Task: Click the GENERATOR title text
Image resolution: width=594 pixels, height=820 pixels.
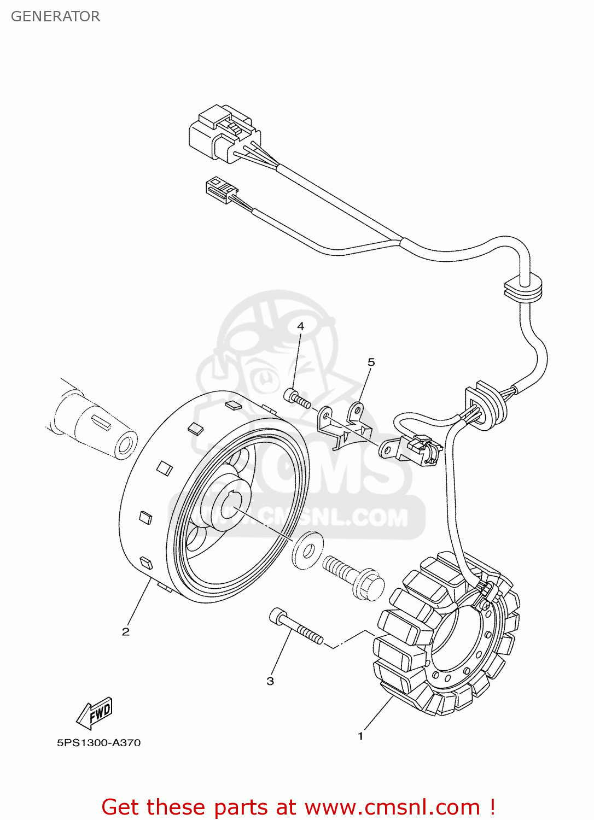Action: pyautogui.click(x=55, y=16)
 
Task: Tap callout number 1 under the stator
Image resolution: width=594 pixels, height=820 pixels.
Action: pyautogui.click(x=360, y=736)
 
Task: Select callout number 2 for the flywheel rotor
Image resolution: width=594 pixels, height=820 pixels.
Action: pyautogui.click(x=126, y=632)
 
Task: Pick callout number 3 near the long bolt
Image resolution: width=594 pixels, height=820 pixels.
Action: pyautogui.click(x=270, y=681)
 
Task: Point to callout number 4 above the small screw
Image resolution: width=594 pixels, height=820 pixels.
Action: pyautogui.click(x=300, y=326)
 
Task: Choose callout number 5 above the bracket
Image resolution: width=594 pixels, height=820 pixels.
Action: pyautogui.click(x=371, y=362)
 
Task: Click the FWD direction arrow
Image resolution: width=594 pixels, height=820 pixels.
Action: pyautogui.click(x=95, y=713)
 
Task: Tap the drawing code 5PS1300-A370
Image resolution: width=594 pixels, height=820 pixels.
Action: pyautogui.click(x=99, y=743)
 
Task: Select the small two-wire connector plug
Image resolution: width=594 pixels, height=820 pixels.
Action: pyautogui.click(x=220, y=190)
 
